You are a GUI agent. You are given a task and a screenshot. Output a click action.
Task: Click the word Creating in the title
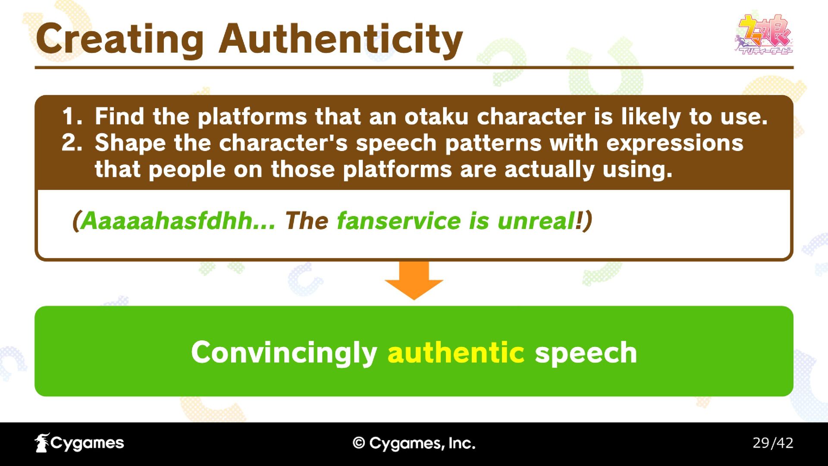120,40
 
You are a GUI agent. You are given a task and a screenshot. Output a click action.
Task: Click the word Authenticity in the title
341,40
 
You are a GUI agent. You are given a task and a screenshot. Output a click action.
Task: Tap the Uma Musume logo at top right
764,35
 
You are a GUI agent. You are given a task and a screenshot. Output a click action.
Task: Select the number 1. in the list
72,116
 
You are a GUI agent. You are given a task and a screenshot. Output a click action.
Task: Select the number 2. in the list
72,143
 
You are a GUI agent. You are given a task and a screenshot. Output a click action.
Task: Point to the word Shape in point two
130,144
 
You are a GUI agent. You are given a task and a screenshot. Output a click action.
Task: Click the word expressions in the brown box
674,144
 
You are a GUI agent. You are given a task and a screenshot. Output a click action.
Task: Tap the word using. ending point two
637,170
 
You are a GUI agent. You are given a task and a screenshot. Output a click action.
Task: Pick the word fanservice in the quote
399,221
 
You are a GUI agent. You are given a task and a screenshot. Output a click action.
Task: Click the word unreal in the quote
536,221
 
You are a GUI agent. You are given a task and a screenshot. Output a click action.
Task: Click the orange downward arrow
414,280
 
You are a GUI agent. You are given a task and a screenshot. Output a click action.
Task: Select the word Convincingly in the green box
284,353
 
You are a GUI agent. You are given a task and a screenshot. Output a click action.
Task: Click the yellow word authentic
456,353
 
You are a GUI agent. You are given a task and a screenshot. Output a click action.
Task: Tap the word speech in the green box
586,353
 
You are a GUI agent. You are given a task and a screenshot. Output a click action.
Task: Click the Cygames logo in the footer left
79,443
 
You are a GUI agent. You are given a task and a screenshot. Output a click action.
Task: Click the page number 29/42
773,443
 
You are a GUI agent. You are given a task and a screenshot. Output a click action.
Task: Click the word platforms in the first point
251,117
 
